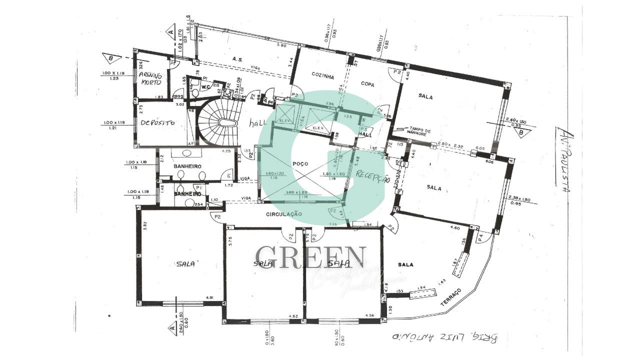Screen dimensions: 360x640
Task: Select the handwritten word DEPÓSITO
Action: tap(157, 122)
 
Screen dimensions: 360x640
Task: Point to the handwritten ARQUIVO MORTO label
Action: tap(150, 78)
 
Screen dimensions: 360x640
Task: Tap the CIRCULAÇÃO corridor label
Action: tap(283, 214)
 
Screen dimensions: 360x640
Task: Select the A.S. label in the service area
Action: tap(237, 59)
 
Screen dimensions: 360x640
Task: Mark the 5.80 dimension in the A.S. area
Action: tap(281, 45)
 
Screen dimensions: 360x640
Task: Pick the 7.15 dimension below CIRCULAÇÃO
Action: tap(332, 224)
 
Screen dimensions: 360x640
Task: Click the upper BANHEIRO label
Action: tap(187, 166)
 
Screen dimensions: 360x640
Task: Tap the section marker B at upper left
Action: tap(110, 58)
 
